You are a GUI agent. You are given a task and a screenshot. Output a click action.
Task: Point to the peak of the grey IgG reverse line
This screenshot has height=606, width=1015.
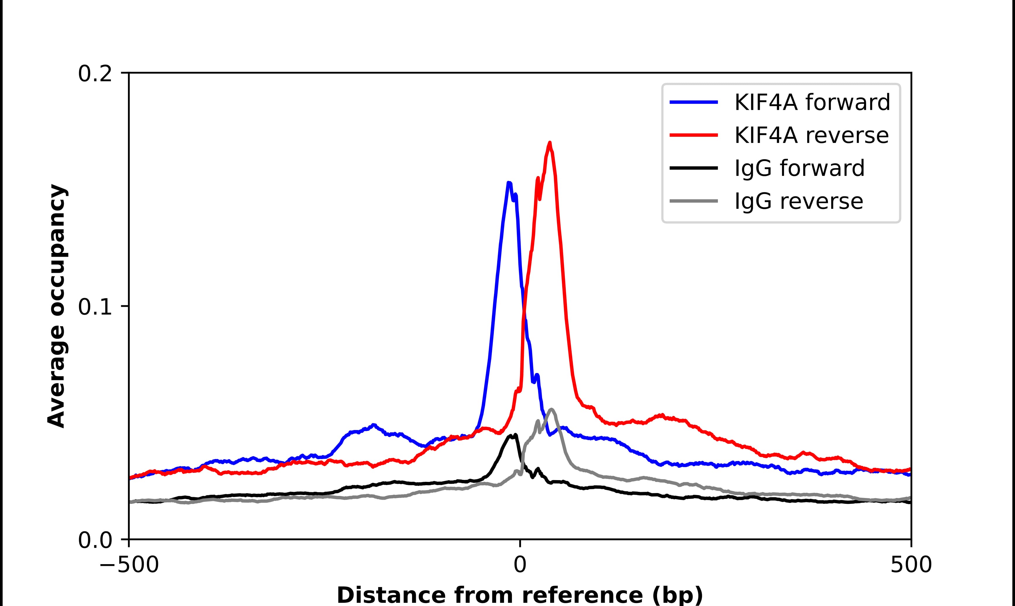point(552,409)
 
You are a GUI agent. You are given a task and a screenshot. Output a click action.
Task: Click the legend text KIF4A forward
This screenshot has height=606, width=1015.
point(812,102)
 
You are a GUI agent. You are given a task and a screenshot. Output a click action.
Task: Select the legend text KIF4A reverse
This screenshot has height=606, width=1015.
point(811,135)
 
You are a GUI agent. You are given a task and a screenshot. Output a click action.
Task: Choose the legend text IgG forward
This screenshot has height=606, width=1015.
point(799,168)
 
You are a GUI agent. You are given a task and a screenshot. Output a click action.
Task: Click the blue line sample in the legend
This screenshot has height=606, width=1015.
point(694,102)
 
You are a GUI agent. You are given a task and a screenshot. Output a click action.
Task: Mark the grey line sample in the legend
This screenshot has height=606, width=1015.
point(694,201)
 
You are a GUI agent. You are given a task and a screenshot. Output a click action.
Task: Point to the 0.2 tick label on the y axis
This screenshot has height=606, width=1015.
point(95,74)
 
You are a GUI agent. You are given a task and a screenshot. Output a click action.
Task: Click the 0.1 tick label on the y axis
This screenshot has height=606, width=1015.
point(95,307)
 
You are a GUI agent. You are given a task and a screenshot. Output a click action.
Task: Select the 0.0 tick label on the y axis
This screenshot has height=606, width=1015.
point(95,540)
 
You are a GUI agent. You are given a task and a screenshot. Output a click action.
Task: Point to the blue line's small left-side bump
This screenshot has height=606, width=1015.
point(373,425)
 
